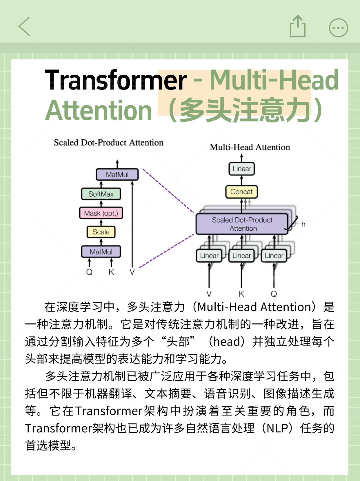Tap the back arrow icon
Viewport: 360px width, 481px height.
pos(24,27)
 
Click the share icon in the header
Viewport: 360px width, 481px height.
pos(298,26)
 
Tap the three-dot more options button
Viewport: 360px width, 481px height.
pos(338,28)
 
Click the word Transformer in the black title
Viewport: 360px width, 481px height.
pos(116,80)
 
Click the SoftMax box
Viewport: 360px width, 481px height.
pos(101,194)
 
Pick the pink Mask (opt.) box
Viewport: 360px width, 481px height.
pos(101,213)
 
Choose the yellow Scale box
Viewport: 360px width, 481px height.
pos(101,232)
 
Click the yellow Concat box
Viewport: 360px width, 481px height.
pos(241,192)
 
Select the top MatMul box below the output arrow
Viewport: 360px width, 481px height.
pos(117,174)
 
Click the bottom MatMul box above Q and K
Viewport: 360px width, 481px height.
pos(101,252)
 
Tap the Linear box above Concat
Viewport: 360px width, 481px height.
pos(242,169)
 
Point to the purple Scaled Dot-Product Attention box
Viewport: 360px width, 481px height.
pos(242,224)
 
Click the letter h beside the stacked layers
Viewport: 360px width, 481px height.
pos(303,224)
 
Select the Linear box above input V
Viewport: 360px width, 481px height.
pos(209,256)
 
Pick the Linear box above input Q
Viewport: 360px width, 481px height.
pos(274,256)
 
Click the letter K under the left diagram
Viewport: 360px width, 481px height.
pos(111,272)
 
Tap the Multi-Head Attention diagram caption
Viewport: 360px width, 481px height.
pos(250,147)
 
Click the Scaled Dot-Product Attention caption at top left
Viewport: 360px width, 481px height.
pos(109,143)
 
